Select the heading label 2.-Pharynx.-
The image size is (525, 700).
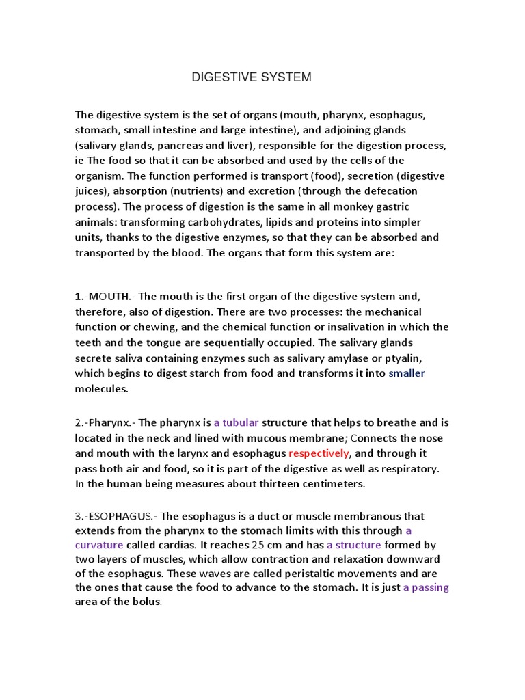pyautogui.click(x=105, y=422)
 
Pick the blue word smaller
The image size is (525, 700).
pyautogui.click(x=407, y=373)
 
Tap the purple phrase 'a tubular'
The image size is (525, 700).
pyautogui.click(x=236, y=422)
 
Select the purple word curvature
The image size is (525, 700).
pyautogui.click(x=99, y=545)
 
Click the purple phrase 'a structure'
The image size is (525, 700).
pyautogui.click(x=354, y=545)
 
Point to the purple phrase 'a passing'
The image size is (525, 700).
pyautogui.click(x=426, y=587)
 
